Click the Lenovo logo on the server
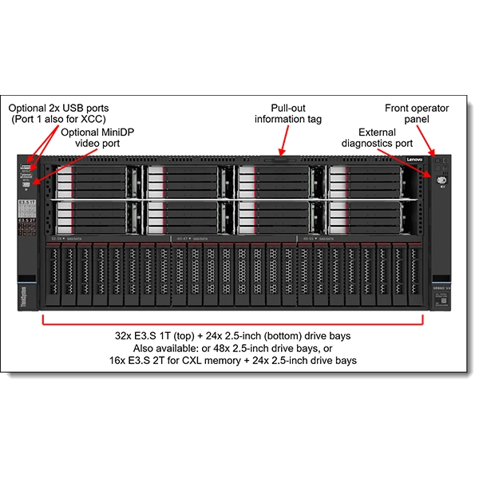click(415, 160)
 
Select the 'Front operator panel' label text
click(417, 113)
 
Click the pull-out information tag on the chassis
click(279, 159)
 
